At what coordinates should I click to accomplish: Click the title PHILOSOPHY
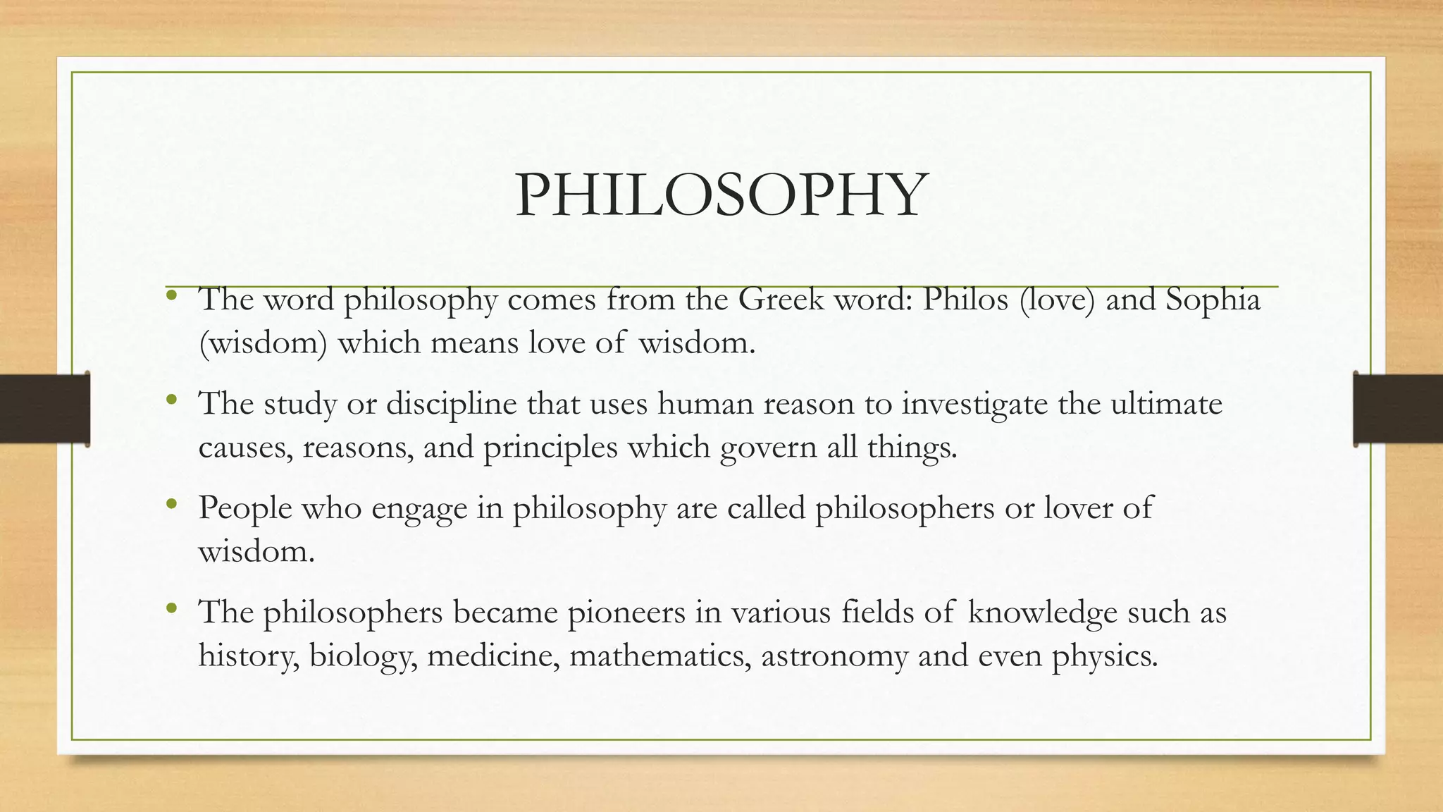coord(720,195)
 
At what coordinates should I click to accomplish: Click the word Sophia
coord(1213,300)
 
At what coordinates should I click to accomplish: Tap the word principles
coord(550,448)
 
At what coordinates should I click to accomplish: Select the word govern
coord(768,448)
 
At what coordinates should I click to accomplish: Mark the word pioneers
coord(626,613)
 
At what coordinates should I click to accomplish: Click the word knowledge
coord(1042,613)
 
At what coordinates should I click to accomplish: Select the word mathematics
coord(659,656)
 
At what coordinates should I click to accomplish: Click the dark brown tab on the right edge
coord(1398,409)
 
